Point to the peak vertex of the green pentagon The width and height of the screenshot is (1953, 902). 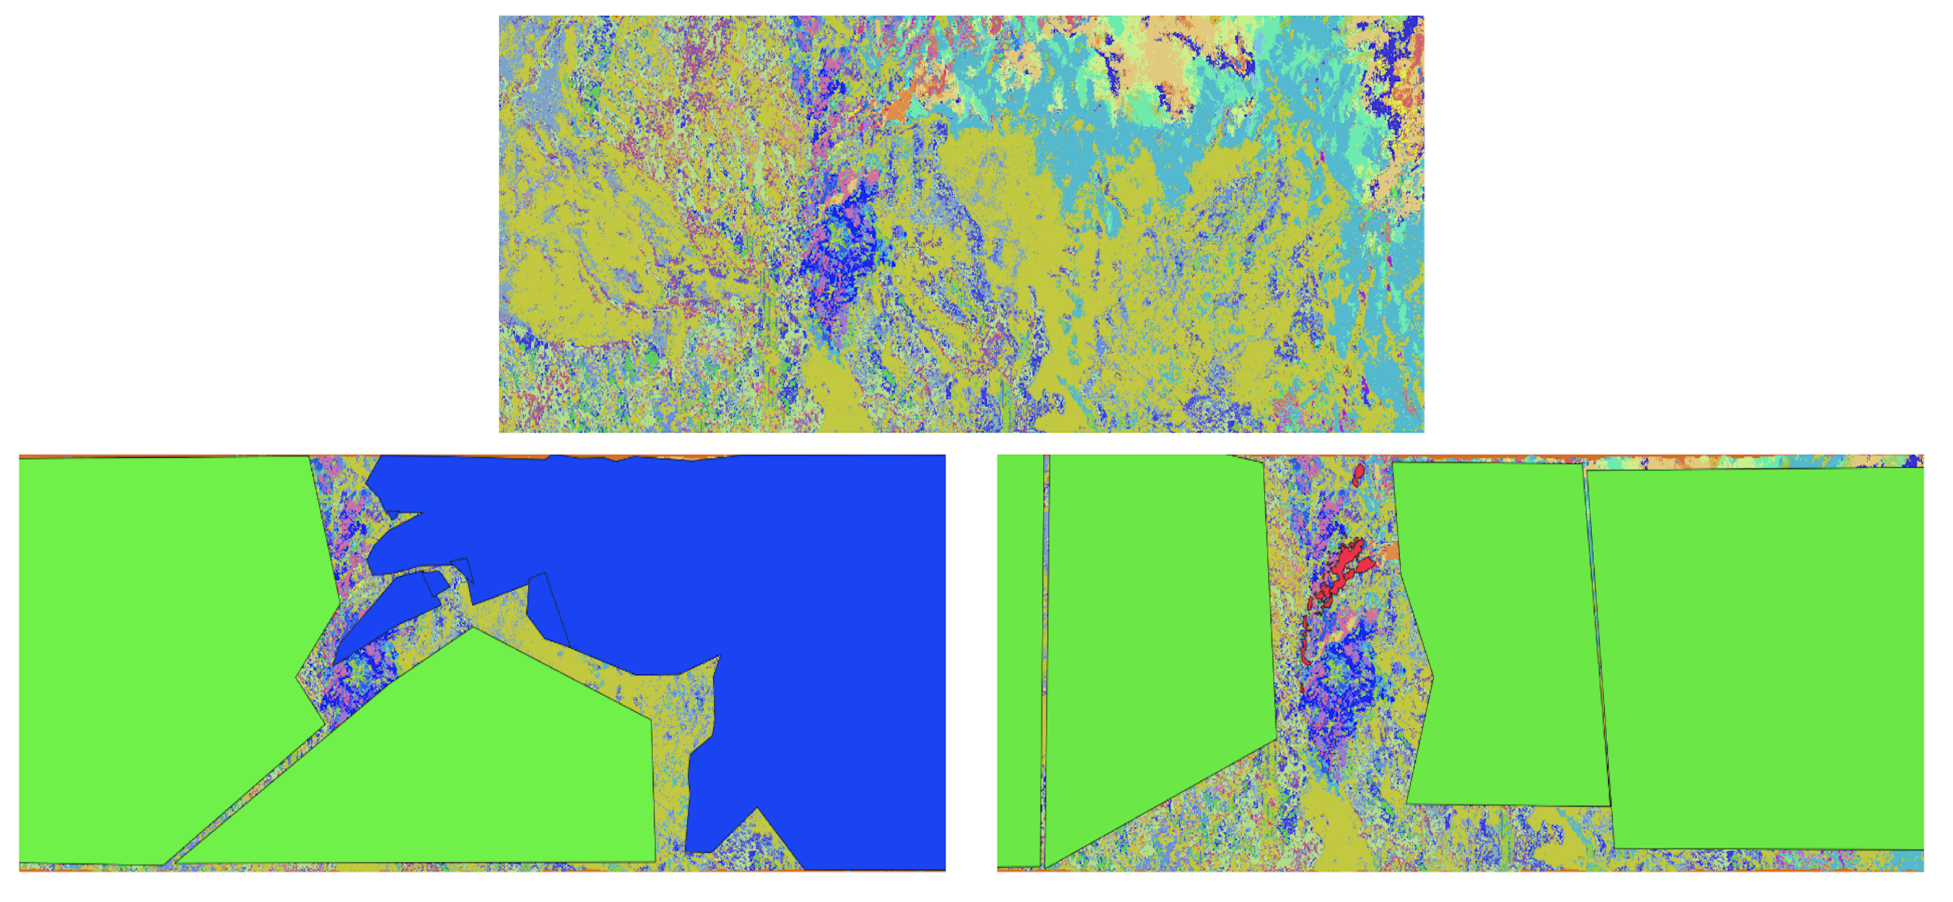pos(474,629)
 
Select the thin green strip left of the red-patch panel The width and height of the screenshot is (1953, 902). pos(1019,659)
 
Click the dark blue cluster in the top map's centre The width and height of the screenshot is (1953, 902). pos(838,258)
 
